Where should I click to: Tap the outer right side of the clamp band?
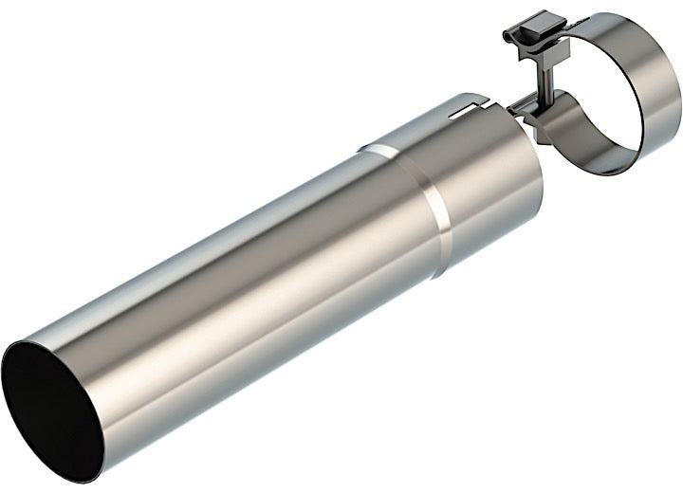(670, 104)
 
